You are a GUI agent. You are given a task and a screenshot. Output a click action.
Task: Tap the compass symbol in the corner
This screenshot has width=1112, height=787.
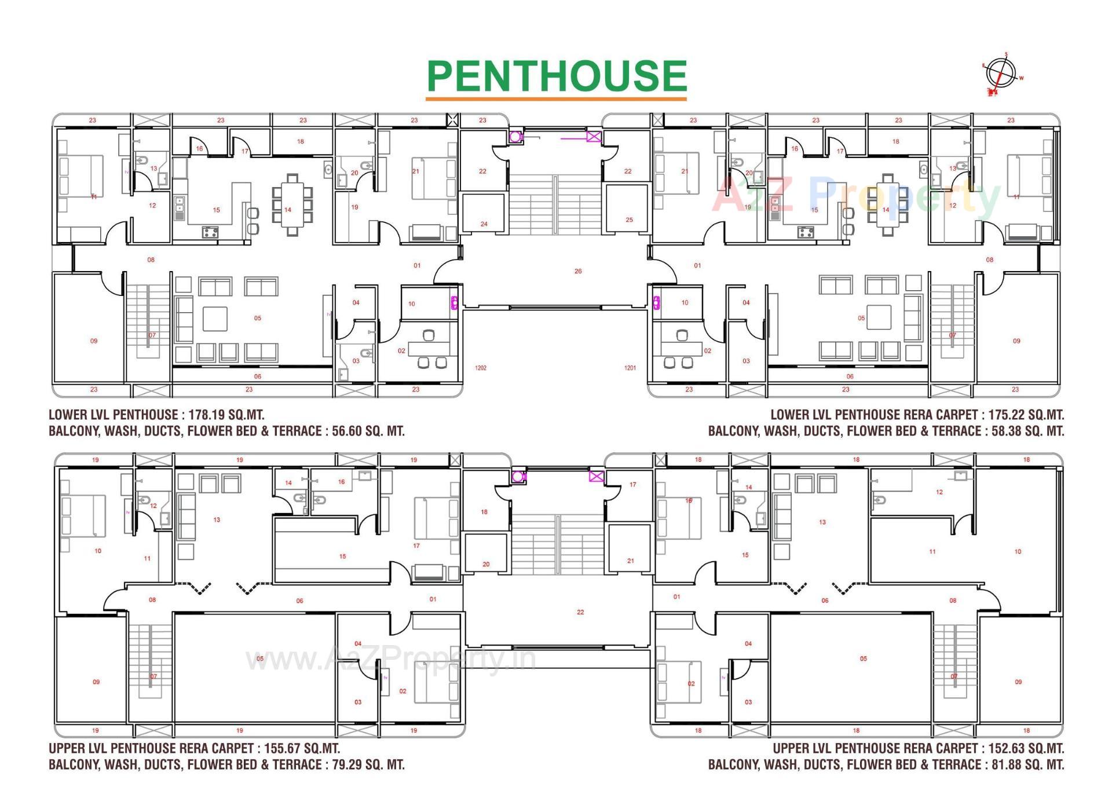(x=1001, y=75)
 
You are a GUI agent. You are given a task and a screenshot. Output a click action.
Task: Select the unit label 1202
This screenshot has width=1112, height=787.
(x=481, y=368)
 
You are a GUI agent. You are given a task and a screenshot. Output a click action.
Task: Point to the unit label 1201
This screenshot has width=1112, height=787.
(x=630, y=368)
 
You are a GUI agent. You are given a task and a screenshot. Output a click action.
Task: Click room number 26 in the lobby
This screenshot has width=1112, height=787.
(x=578, y=271)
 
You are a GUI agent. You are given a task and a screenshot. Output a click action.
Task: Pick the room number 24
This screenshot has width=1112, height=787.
(x=484, y=224)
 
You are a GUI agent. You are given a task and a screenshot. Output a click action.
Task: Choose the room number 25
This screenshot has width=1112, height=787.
(x=630, y=220)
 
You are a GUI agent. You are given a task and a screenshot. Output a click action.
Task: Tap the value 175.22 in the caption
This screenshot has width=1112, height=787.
(x=1005, y=415)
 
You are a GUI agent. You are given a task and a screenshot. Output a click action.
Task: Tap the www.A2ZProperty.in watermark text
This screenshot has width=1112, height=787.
(x=391, y=659)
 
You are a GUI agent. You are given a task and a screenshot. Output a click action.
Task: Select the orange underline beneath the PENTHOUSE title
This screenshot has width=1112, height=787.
(x=556, y=99)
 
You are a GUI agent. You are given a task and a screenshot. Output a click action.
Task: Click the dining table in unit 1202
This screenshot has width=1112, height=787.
(x=292, y=204)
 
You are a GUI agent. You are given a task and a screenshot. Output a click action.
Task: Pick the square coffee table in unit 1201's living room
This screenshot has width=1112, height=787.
(x=879, y=317)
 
